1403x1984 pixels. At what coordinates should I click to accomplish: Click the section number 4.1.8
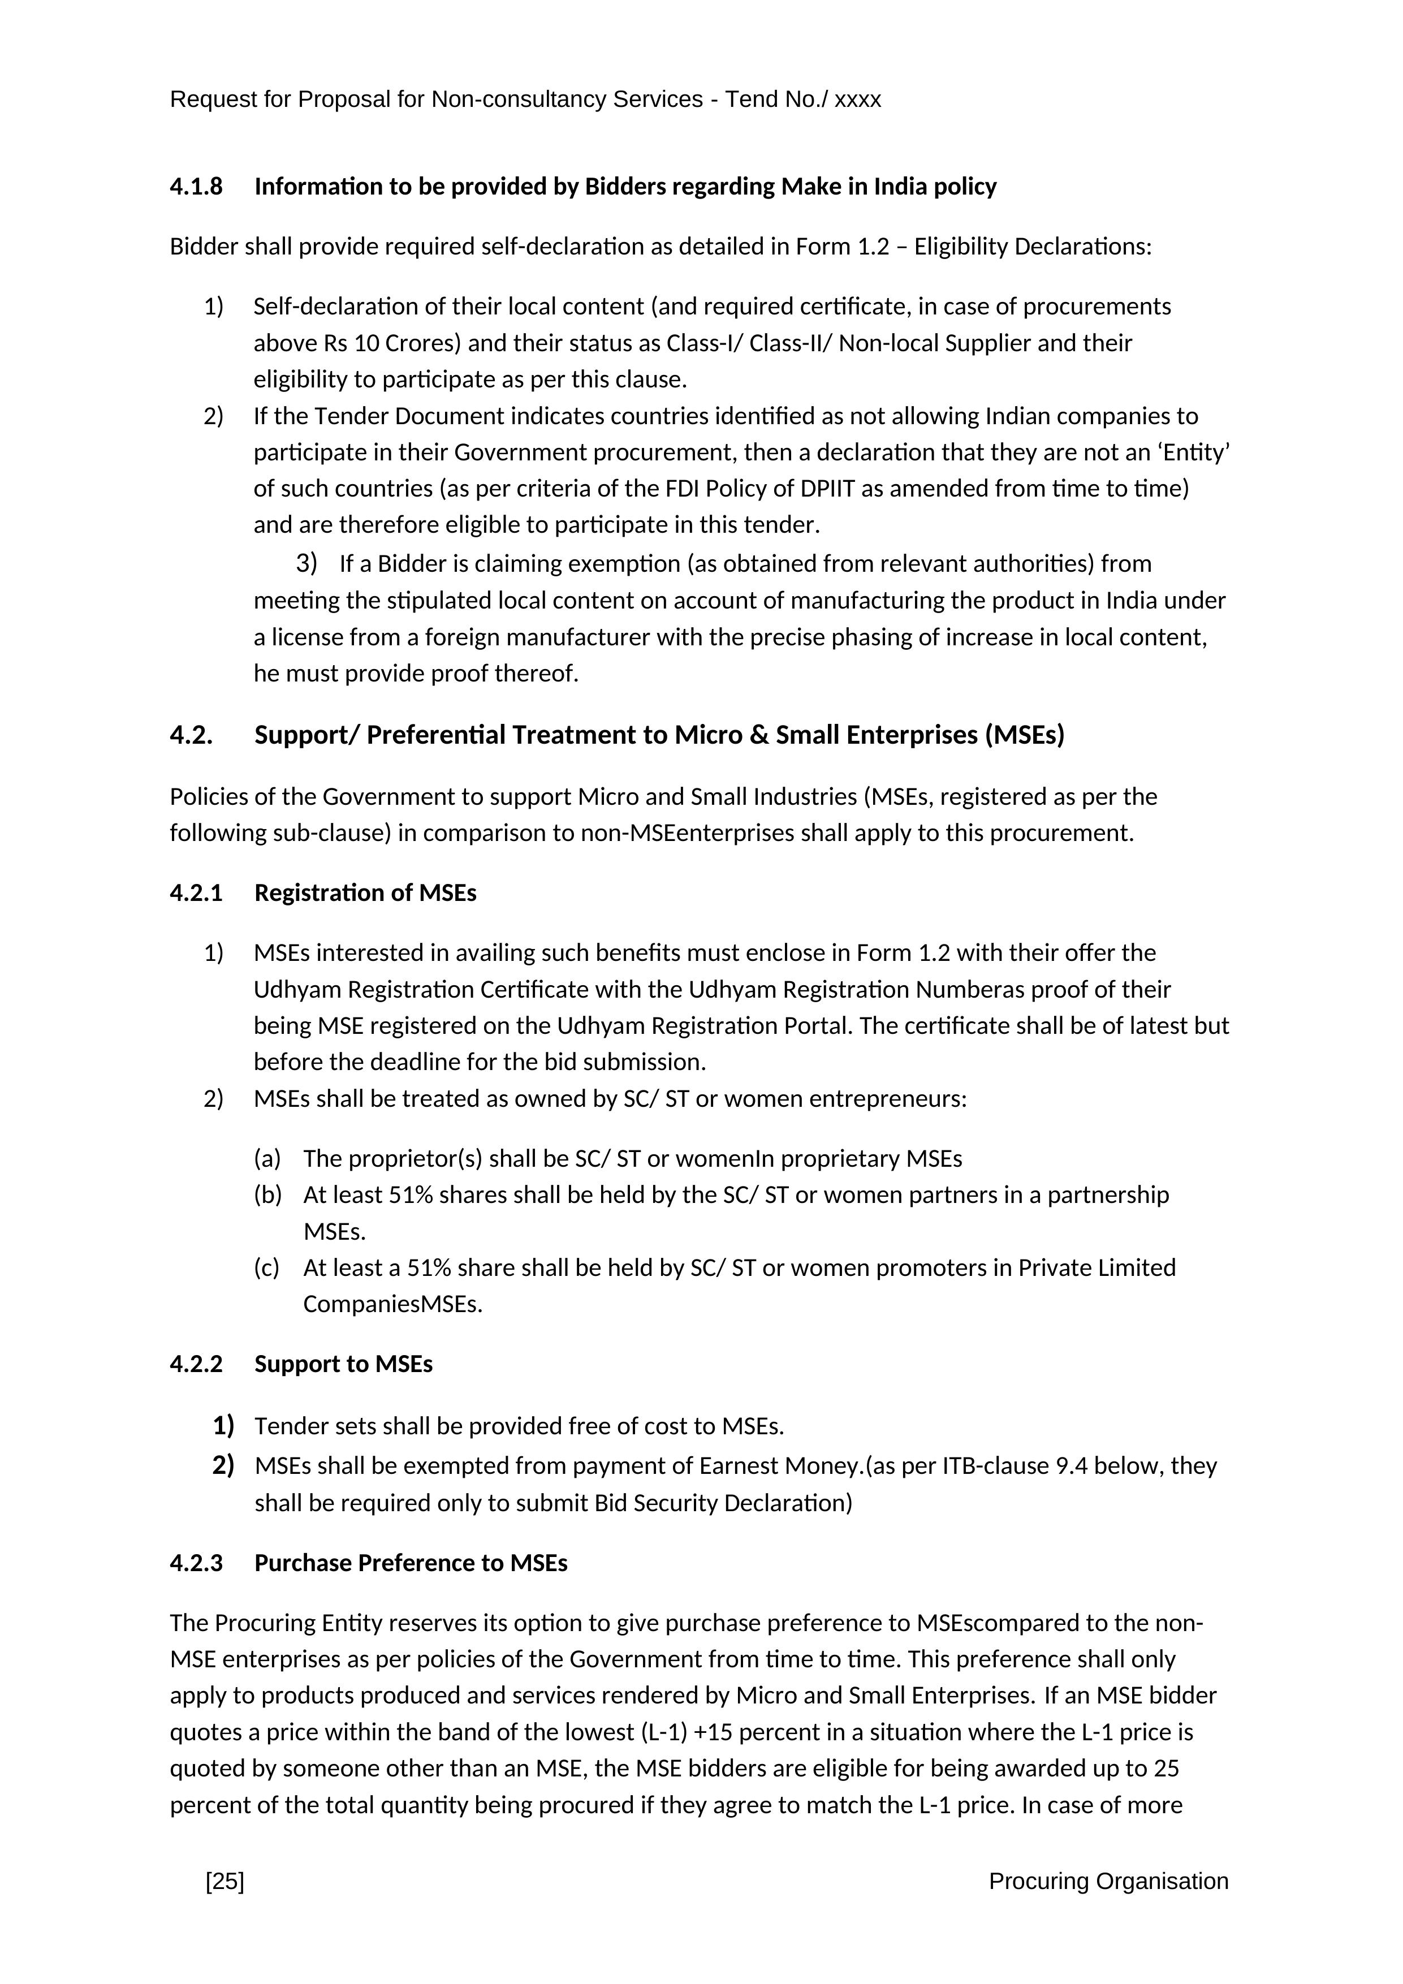click(x=196, y=187)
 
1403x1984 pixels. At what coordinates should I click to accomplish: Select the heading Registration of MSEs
click(x=365, y=892)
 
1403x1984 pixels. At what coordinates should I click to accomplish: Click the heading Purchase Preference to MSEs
click(x=411, y=1563)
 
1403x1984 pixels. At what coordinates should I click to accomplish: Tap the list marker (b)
click(x=268, y=1195)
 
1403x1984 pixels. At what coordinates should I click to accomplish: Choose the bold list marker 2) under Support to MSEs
click(x=223, y=1465)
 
